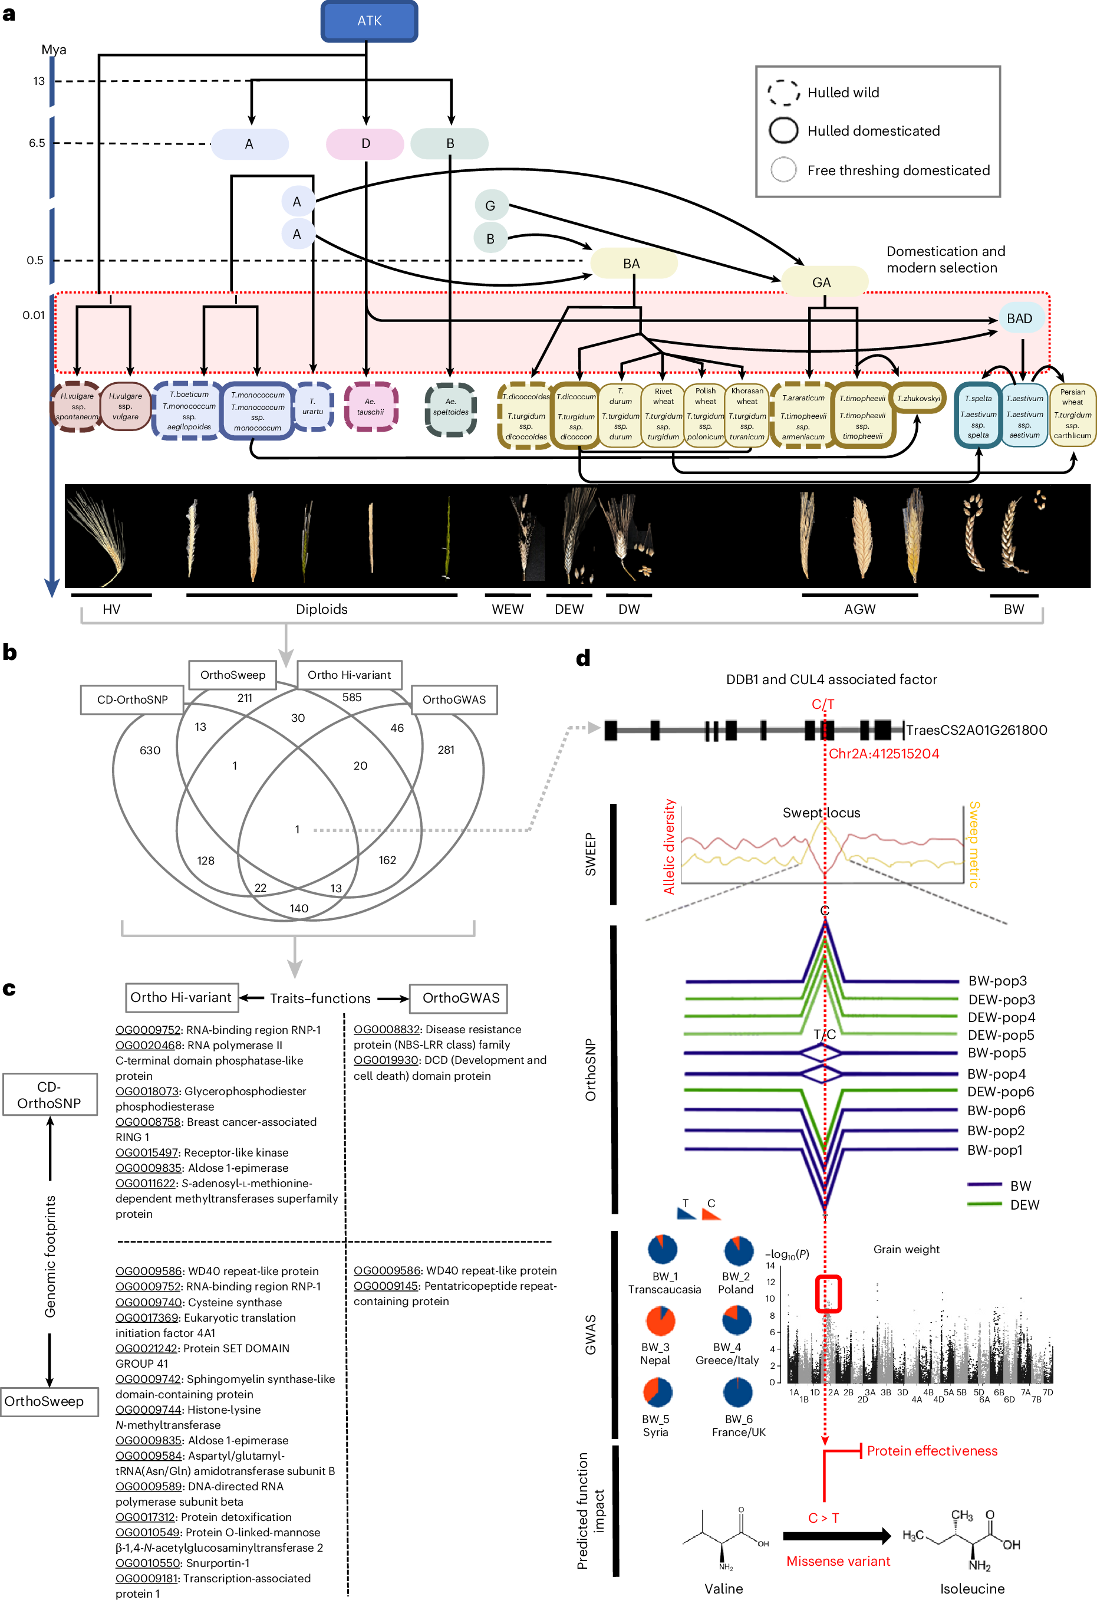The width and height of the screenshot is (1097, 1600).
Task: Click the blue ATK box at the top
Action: click(369, 21)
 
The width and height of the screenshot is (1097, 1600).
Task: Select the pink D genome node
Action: click(365, 143)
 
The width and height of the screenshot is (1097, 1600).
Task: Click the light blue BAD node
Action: click(1019, 318)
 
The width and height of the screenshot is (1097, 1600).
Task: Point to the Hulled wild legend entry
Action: click(842, 92)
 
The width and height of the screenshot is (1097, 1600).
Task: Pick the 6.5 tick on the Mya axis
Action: click(37, 143)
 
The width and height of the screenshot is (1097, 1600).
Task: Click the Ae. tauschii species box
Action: click(370, 406)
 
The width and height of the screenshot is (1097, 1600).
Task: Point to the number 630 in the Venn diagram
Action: click(150, 750)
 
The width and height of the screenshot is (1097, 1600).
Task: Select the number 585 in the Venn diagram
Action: click(352, 698)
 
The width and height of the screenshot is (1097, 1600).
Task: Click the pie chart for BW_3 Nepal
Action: click(660, 1320)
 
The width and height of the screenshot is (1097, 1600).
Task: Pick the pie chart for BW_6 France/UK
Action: click(738, 1392)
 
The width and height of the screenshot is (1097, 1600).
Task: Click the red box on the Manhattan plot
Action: click(828, 1295)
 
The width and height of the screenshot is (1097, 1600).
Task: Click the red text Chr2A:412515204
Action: click(883, 753)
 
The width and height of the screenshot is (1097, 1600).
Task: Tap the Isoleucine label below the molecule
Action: click(972, 1588)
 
